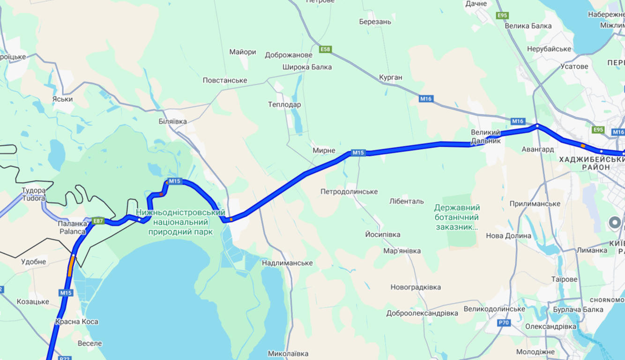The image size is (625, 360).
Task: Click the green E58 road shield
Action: (x=326, y=49)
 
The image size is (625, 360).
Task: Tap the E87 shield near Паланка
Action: (x=98, y=221)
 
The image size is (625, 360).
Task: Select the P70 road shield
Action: (x=504, y=322)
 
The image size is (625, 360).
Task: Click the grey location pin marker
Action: (x=614, y=223)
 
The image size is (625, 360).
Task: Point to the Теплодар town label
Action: (x=284, y=105)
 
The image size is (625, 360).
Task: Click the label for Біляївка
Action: (x=172, y=121)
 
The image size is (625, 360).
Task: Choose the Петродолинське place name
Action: (x=349, y=192)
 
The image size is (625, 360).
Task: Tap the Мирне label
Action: (x=324, y=150)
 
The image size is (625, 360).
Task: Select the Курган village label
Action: (x=391, y=77)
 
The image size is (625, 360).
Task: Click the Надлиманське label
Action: (x=287, y=263)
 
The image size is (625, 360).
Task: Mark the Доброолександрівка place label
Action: (x=422, y=313)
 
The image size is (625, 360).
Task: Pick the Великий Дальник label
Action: (x=486, y=136)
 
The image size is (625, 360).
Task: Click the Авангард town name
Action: (x=537, y=150)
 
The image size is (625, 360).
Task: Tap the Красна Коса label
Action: (x=76, y=322)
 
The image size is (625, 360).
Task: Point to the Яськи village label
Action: (x=62, y=99)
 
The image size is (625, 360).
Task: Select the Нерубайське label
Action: (x=549, y=49)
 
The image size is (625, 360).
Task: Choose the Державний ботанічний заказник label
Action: (x=457, y=217)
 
